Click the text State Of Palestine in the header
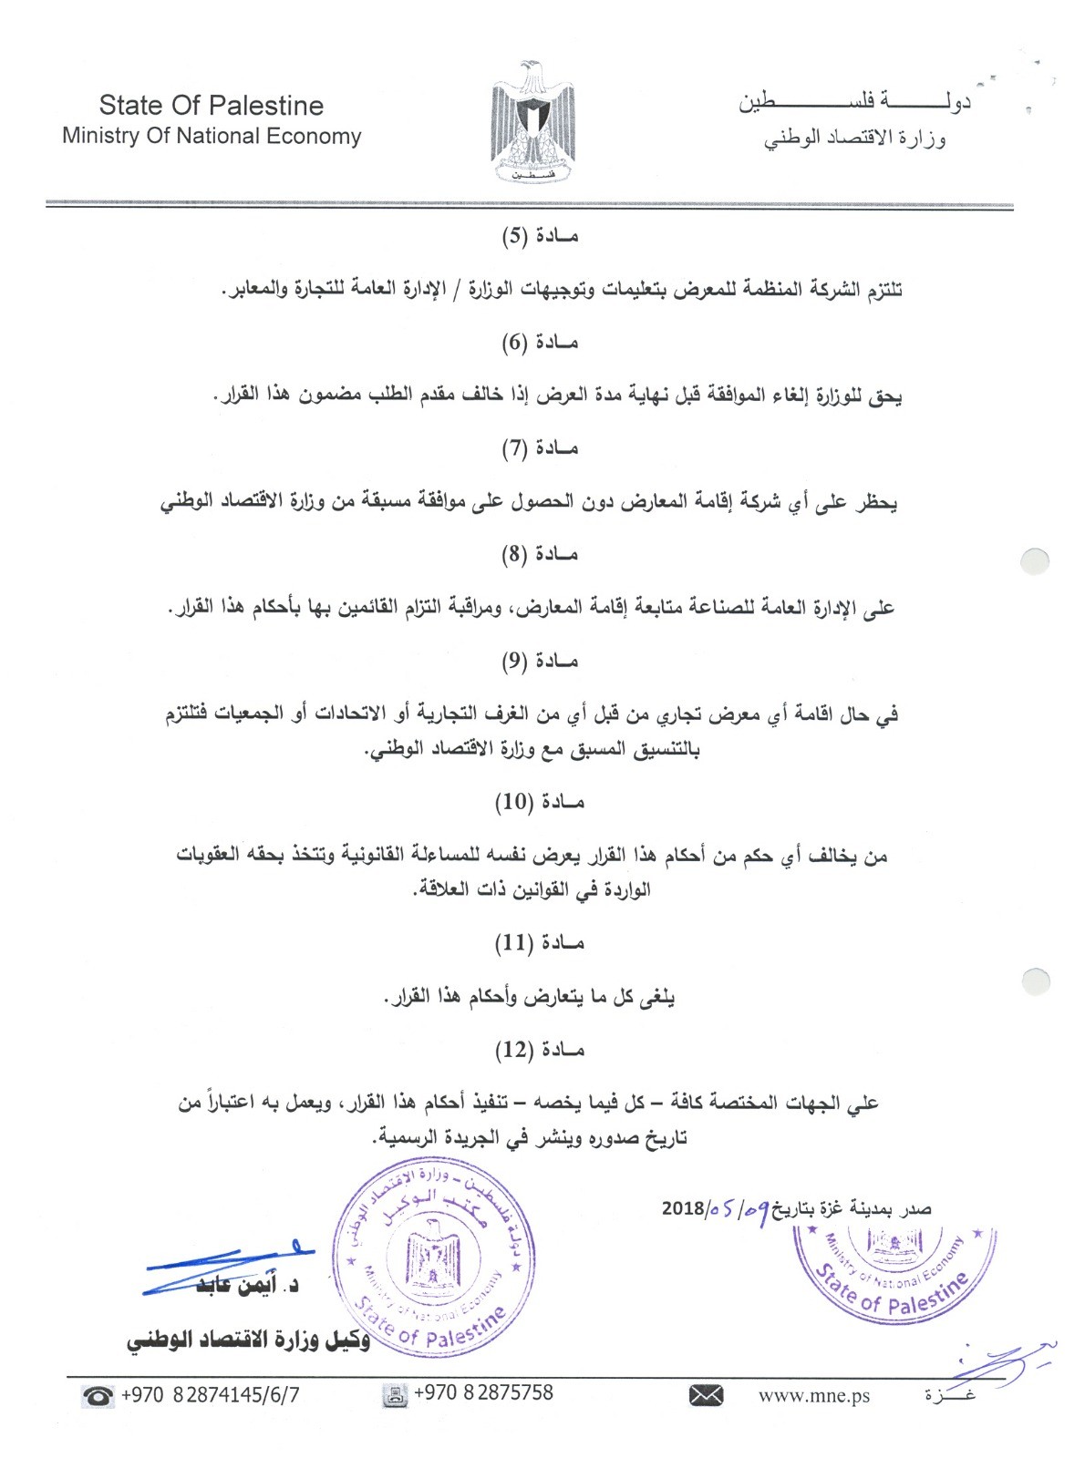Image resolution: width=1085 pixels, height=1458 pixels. (212, 106)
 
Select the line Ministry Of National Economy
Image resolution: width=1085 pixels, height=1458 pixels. (212, 137)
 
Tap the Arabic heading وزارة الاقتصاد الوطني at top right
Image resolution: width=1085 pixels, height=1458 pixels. (854, 139)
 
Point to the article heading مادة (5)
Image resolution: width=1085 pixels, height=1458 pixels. (541, 237)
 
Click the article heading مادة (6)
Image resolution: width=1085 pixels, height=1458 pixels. (541, 343)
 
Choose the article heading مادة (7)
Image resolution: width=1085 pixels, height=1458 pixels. (541, 448)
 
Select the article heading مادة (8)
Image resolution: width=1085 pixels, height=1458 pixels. (541, 554)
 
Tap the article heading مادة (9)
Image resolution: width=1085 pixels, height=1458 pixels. (541, 661)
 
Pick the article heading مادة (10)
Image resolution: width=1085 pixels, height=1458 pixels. (539, 802)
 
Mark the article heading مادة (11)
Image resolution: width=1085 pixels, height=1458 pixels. (539, 943)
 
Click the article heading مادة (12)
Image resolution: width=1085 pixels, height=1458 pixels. (539, 1050)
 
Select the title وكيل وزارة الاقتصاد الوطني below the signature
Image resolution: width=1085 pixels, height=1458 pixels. (249, 1341)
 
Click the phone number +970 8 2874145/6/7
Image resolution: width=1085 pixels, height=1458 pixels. (210, 1394)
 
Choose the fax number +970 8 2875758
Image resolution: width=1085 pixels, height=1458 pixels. (483, 1393)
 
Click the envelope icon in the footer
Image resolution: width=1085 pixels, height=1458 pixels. (706, 1395)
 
